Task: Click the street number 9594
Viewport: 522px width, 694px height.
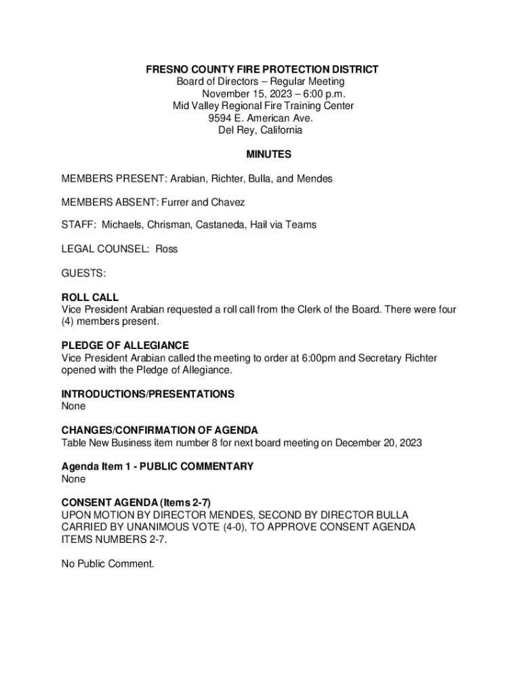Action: coord(220,118)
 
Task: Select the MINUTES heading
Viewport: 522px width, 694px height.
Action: coord(268,155)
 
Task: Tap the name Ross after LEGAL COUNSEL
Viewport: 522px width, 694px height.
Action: coord(167,249)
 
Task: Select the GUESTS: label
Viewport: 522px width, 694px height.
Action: coord(83,273)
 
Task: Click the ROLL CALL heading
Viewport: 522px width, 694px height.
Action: coord(90,298)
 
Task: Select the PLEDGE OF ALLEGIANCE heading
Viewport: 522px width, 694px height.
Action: coord(125,346)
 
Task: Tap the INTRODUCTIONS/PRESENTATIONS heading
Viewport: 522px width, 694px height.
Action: coord(148,394)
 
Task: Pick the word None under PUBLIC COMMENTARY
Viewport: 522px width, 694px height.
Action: coord(74,479)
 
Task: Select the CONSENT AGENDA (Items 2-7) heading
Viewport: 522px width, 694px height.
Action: coord(136,503)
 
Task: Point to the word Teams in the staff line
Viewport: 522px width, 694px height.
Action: coord(302,224)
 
